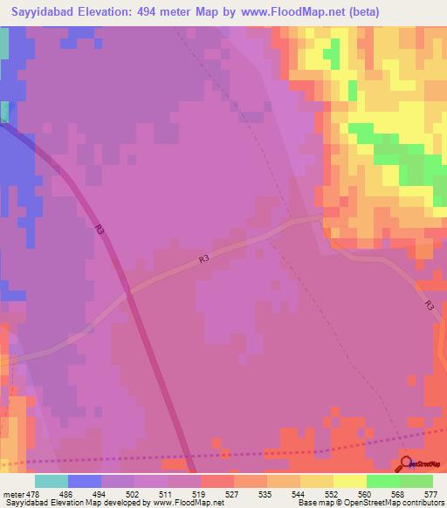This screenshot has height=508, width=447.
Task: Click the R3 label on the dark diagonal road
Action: tap(100, 230)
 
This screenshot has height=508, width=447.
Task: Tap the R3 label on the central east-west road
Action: tap(203, 258)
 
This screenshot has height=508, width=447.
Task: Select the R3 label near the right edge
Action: tap(429, 305)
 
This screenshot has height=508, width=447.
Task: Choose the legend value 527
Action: tap(233, 493)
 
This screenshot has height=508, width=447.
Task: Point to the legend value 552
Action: tap(333, 493)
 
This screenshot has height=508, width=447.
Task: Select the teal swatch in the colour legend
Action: tap(52, 481)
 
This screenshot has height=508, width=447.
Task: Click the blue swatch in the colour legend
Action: tap(85, 481)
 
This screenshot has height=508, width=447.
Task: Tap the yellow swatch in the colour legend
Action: tap(349, 481)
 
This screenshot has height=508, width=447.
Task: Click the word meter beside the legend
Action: tap(12, 493)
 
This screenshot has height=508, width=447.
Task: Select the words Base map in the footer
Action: tap(313, 503)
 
